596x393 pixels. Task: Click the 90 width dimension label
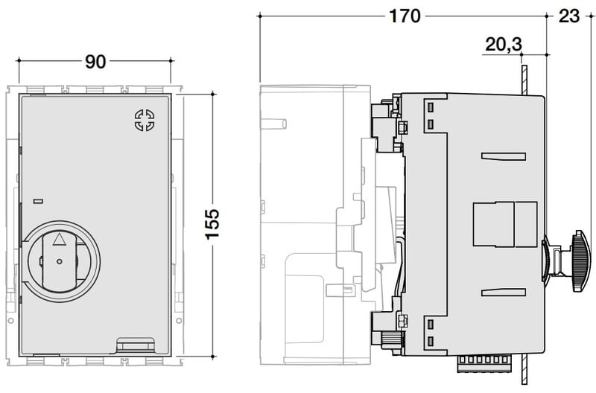click(x=95, y=62)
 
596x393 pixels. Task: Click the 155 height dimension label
click(x=212, y=224)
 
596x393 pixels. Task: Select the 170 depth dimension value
click(x=405, y=16)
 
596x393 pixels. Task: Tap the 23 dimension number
click(x=569, y=16)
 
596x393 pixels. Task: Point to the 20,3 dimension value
click(x=504, y=45)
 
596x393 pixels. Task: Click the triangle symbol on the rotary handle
click(x=59, y=239)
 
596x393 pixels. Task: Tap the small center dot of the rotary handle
click(x=59, y=261)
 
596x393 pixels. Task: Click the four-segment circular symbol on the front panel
click(x=145, y=120)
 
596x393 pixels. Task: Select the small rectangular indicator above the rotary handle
click(x=38, y=201)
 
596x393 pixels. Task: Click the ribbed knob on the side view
click(x=580, y=261)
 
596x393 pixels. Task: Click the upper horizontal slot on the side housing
click(x=504, y=156)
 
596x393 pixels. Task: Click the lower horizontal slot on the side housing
click(x=504, y=292)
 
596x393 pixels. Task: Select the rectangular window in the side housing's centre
click(x=505, y=224)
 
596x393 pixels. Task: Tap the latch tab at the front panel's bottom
click(x=136, y=345)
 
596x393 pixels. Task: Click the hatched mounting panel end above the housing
click(x=524, y=80)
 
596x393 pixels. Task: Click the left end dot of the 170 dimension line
click(x=259, y=16)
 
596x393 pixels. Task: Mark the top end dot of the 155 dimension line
click(x=213, y=93)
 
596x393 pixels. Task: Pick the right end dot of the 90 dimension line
click(x=171, y=60)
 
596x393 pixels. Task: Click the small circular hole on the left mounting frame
click(x=10, y=321)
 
